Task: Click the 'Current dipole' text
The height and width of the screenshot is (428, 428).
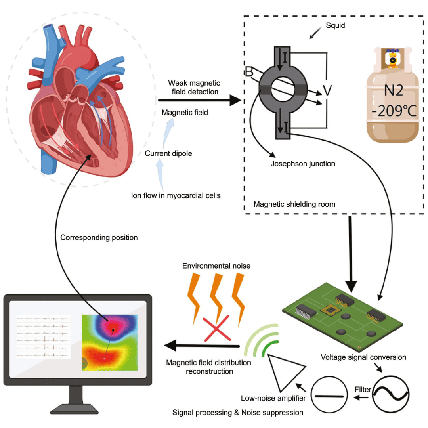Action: click(168, 153)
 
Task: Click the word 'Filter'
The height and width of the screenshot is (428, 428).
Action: click(362, 390)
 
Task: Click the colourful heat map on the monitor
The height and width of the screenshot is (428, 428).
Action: click(109, 342)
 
